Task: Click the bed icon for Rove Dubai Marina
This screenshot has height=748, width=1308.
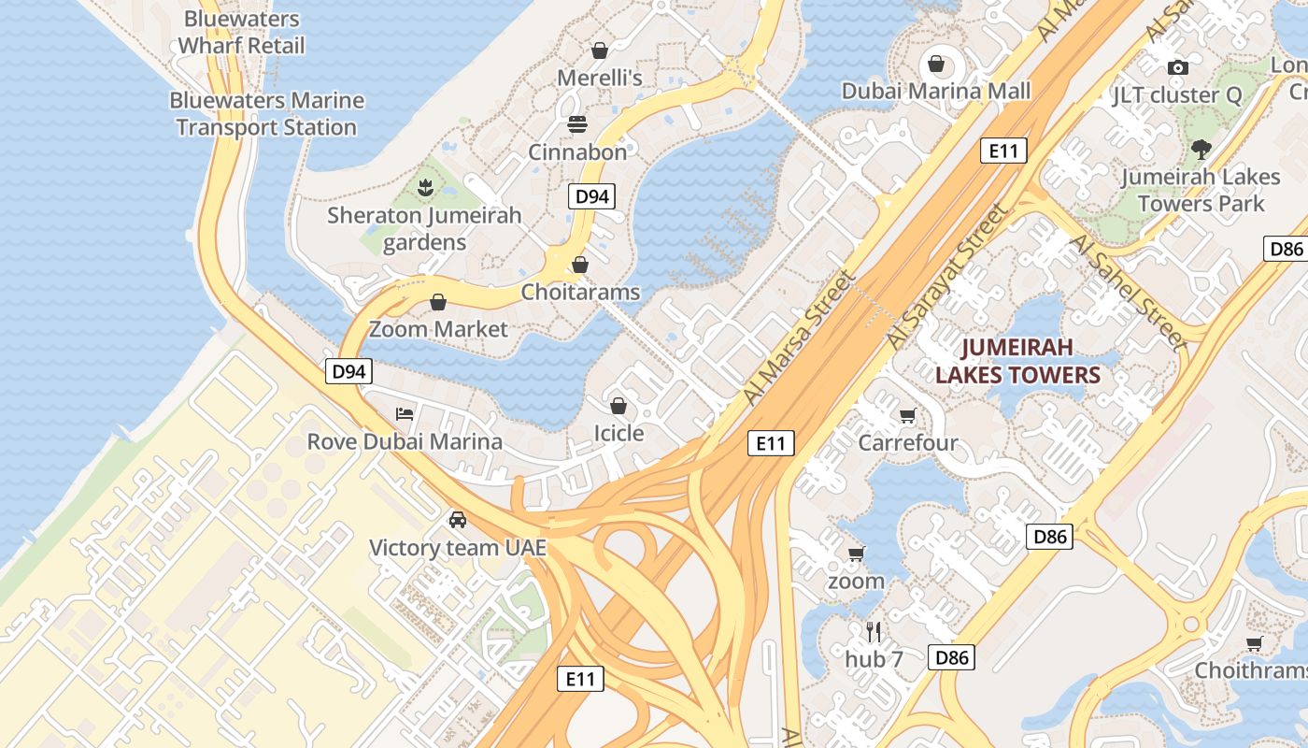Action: [404, 413]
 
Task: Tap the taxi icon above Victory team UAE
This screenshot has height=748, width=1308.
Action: [457, 519]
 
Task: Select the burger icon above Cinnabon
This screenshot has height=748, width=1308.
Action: [577, 124]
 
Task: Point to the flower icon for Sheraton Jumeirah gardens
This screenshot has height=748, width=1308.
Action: [425, 187]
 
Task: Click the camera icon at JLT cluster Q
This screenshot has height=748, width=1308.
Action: [1178, 67]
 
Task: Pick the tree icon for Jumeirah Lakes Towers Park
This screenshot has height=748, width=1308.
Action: [1201, 149]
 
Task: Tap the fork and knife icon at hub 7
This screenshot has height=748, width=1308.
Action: [874, 631]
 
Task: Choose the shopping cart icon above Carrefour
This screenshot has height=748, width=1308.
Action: [907, 415]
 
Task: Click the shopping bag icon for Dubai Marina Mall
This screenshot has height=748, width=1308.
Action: [935, 65]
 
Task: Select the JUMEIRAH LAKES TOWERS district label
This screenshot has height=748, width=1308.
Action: [1017, 362]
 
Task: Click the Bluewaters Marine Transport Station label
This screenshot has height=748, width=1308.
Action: [267, 114]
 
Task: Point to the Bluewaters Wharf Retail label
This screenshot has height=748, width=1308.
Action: [241, 32]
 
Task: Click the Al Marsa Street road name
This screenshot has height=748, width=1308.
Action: [800, 338]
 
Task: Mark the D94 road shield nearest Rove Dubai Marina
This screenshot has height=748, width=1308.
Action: [349, 371]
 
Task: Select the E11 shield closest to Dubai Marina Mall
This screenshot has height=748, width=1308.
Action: [1004, 151]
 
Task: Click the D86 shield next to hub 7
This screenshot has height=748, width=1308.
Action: [952, 657]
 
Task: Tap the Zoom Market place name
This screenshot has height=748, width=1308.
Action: [438, 329]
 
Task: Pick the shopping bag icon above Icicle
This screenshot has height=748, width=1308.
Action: [618, 406]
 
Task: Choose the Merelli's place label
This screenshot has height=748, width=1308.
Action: [600, 78]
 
